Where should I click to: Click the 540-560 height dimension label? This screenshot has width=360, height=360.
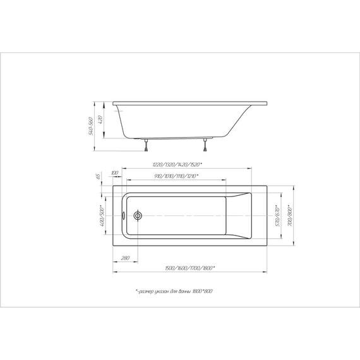pyautogui.click(x=92, y=126)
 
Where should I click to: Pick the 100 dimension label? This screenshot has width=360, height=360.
pyautogui.click(x=115, y=172)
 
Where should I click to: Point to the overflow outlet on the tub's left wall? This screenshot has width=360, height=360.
pyautogui.click(x=124, y=215)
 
